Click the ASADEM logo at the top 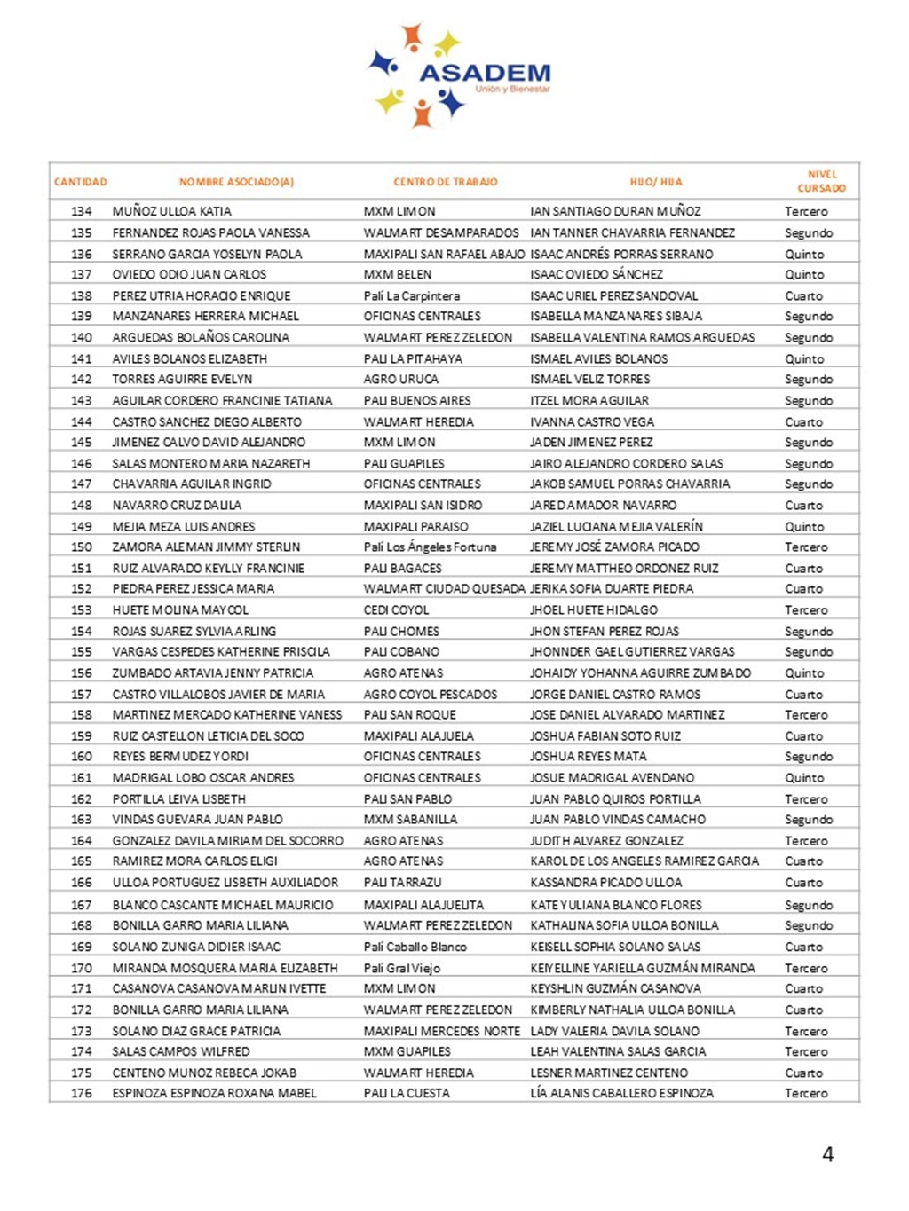[x=459, y=75]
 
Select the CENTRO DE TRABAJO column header [x=445, y=182]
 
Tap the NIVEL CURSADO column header [x=821, y=181]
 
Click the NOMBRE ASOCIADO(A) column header [x=236, y=182]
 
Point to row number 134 [x=82, y=211]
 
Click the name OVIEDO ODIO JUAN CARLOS [x=189, y=274]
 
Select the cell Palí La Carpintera [x=411, y=295]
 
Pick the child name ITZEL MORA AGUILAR [x=589, y=400]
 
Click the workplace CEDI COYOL [x=396, y=610]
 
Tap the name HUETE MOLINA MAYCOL [x=180, y=610]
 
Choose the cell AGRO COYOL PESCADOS [x=431, y=694]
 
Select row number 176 [x=82, y=1093]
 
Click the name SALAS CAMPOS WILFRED [x=181, y=1051]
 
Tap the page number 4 [x=828, y=1154]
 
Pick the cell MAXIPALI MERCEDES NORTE [x=441, y=1031]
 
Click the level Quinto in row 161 [x=804, y=777]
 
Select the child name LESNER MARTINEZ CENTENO [x=609, y=1073]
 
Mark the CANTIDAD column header [x=80, y=182]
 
